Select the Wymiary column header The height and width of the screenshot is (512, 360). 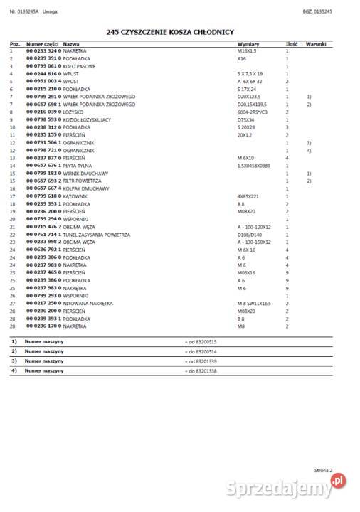coord(247,44)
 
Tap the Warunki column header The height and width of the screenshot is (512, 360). coord(315,44)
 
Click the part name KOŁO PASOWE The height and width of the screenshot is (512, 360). coord(79,65)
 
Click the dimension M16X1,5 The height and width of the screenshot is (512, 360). coord(248,51)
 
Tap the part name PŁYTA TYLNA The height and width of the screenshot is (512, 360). coord(78,166)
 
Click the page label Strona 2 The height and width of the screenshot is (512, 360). coord(323,470)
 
